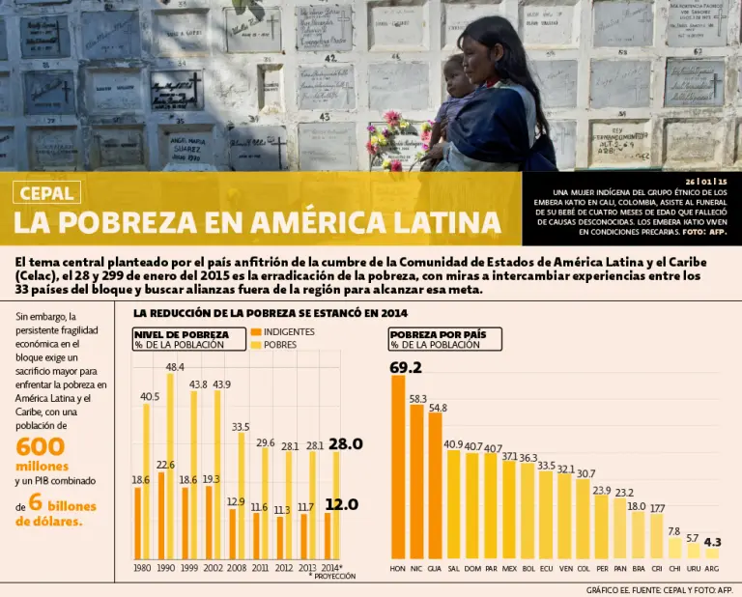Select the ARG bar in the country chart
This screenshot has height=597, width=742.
coord(712,554)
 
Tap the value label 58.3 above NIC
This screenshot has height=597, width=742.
coord(417,398)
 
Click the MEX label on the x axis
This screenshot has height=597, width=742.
coord(509,569)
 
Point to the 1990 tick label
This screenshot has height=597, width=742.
coord(166,569)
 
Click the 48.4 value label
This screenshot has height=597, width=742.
coord(175,367)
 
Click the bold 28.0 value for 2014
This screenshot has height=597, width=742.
coord(345,444)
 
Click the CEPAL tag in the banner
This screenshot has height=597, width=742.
coord(46,192)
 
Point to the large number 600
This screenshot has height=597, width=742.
coord(41,446)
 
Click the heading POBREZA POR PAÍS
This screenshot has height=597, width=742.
coord(445,333)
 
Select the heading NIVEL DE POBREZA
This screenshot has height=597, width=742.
coord(182,333)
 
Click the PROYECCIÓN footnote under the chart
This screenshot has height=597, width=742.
coord(333,576)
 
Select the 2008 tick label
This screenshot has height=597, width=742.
coord(237,569)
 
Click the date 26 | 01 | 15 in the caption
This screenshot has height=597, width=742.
coord(705,181)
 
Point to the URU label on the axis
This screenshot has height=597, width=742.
coord(693,569)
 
